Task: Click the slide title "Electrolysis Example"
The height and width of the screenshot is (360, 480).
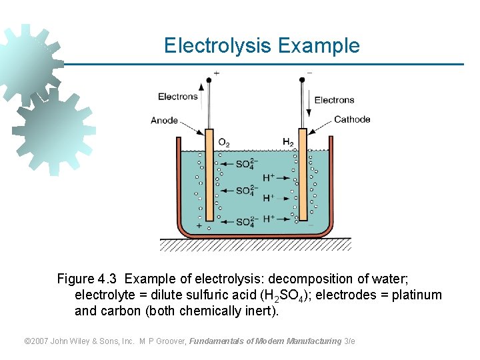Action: (261, 46)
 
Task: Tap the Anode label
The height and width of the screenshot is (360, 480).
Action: (165, 120)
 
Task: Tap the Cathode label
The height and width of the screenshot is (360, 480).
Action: (351, 119)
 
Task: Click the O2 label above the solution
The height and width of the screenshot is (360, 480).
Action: (224, 143)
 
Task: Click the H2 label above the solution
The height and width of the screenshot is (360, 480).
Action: (288, 143)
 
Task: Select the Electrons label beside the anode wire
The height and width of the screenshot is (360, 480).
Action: (178, 97)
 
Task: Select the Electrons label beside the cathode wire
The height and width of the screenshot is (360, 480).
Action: (334, 100)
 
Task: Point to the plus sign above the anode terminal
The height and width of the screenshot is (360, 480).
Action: (217, 72)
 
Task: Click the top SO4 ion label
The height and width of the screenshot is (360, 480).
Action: (245, 163)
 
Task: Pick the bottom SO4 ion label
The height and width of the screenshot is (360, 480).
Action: (245, 222)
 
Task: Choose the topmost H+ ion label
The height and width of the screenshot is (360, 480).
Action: (269, 177)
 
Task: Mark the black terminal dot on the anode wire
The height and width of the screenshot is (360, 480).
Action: (209, 79)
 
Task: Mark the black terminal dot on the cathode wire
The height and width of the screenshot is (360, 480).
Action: (302, 79)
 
